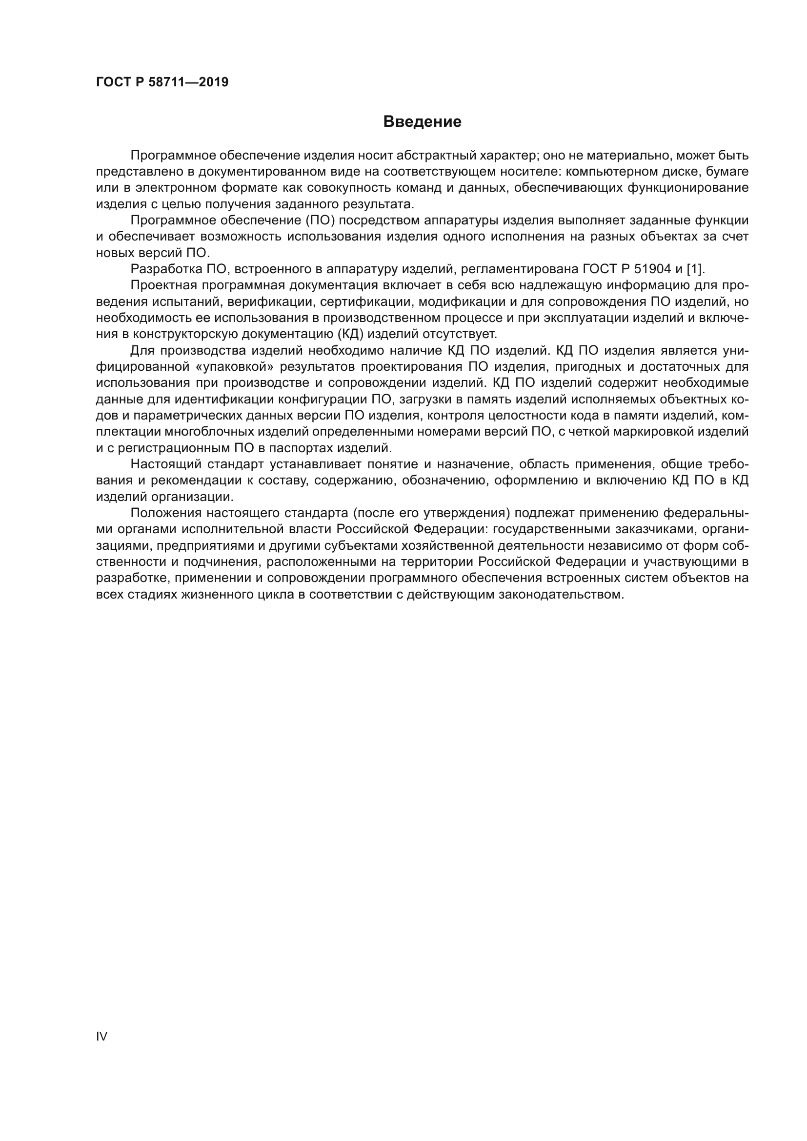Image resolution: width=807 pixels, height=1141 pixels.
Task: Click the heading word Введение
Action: (422, 122)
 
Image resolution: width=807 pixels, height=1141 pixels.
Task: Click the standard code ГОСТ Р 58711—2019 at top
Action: (162, 82)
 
